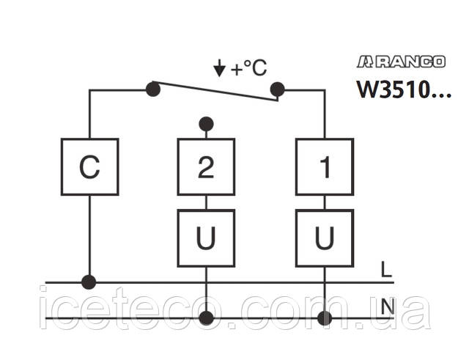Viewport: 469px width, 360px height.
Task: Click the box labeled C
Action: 89,166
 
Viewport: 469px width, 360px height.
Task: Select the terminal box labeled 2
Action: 206,166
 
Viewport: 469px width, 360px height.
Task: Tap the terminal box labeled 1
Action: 324,166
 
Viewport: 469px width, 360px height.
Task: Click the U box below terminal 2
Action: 206,238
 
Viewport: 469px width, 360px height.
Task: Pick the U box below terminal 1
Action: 324,238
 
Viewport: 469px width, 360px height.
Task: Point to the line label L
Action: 386,269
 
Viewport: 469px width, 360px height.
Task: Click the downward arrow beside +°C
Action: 219,70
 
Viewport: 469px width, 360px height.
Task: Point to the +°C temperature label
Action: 249,70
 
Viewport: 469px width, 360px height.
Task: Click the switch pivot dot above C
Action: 152,89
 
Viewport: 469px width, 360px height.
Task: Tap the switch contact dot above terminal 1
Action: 277,89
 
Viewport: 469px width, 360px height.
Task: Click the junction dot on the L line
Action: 89,282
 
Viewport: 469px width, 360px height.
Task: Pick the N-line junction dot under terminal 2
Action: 207,318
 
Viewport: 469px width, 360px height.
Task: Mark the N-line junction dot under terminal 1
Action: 324,318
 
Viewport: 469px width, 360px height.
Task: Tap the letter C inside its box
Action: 89,168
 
